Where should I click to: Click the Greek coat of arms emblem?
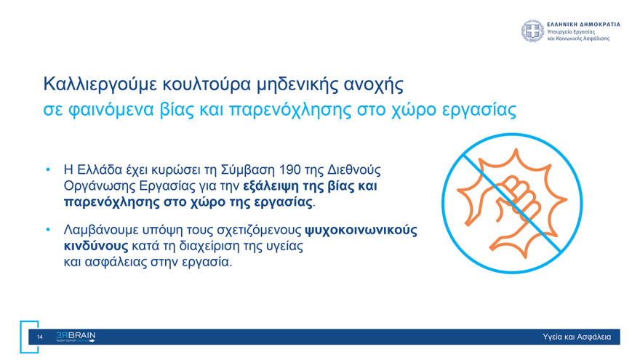[x=532, y=31]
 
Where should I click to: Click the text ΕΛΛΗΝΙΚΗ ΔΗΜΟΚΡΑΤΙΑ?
[x=583, y=24]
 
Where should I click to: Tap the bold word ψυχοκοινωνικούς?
[x=361, y=231]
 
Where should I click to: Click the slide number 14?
[x=39, y=337]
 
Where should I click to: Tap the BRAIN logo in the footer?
[x=76, y=337]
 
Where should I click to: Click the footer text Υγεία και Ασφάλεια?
[x=577, y=337]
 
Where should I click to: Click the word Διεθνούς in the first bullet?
[x=354, y=170]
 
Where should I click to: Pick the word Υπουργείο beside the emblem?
[x=561, y=31]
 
